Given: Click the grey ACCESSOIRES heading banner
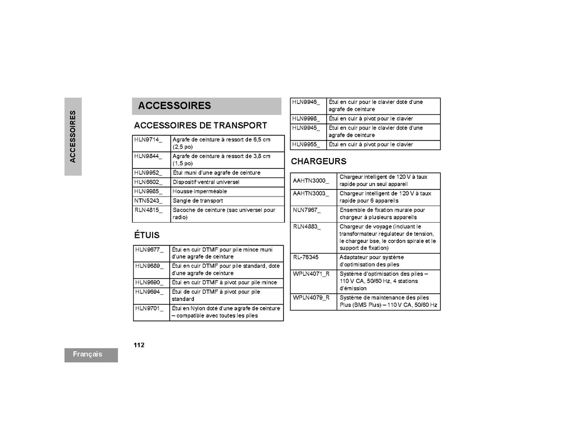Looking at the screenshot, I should [206, 106].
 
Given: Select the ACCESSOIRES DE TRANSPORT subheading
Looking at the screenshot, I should [201, 126].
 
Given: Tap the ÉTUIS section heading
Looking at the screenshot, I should [147, 235].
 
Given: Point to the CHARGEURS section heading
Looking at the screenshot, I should [319, 161].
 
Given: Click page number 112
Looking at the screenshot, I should [139, 345].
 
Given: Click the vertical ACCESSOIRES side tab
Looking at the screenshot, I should [73, 137].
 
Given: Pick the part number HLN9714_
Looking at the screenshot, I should [148, 140].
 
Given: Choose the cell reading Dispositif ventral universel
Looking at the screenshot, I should [206, 182].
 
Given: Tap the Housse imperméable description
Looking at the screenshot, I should [200, 191].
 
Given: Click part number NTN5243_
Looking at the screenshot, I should [148, 201].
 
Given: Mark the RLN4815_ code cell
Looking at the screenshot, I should [148, 210].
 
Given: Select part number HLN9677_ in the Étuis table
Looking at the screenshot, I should [149, 249].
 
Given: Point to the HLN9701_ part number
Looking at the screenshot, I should [149, 308].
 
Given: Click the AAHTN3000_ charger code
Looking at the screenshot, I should [311, 180].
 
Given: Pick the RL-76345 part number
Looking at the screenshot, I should [306, 257].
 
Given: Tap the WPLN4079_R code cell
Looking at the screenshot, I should [311, 298].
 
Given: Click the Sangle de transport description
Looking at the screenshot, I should [198, 201].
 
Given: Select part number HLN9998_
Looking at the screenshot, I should [306, 119].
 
